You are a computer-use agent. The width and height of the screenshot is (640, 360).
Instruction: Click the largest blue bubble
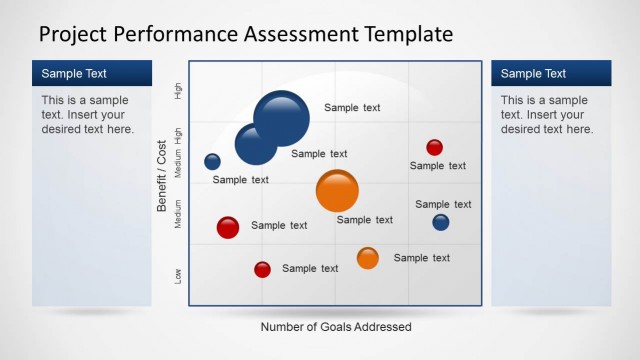[x=282, y=117]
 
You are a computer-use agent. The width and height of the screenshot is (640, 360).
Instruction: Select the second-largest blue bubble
[x=256, y=144]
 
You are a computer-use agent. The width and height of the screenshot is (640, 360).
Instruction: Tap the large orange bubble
[x=337, y=191]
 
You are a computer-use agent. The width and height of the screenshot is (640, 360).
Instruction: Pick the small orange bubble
[x=368, y=258]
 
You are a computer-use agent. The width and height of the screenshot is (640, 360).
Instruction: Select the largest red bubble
[x=228, y=227]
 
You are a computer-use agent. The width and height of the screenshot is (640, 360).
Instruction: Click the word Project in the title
[x=74, y=35]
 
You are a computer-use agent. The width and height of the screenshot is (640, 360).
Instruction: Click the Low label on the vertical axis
[x=179, y=275]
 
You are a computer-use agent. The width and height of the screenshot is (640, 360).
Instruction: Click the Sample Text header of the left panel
[x=74, y=73]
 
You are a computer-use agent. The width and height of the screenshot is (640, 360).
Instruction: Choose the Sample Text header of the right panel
[x=533, y=73]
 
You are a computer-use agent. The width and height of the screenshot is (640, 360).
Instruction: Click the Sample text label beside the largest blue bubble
[x=352, y=108]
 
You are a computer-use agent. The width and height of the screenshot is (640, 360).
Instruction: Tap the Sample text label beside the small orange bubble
[x=422, y=258]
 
